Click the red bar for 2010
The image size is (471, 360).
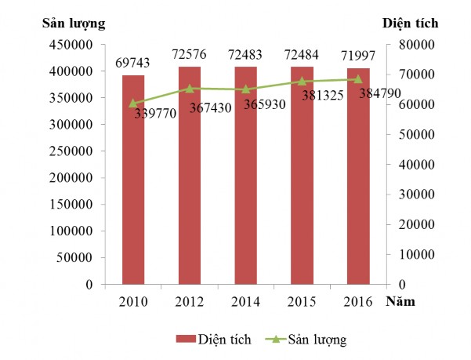pyautogui.click(x=133, y=180)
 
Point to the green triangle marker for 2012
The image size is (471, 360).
pyautogui.click(x=190, y=89)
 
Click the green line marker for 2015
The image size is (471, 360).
pyautogui.click(x=302, y=81)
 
